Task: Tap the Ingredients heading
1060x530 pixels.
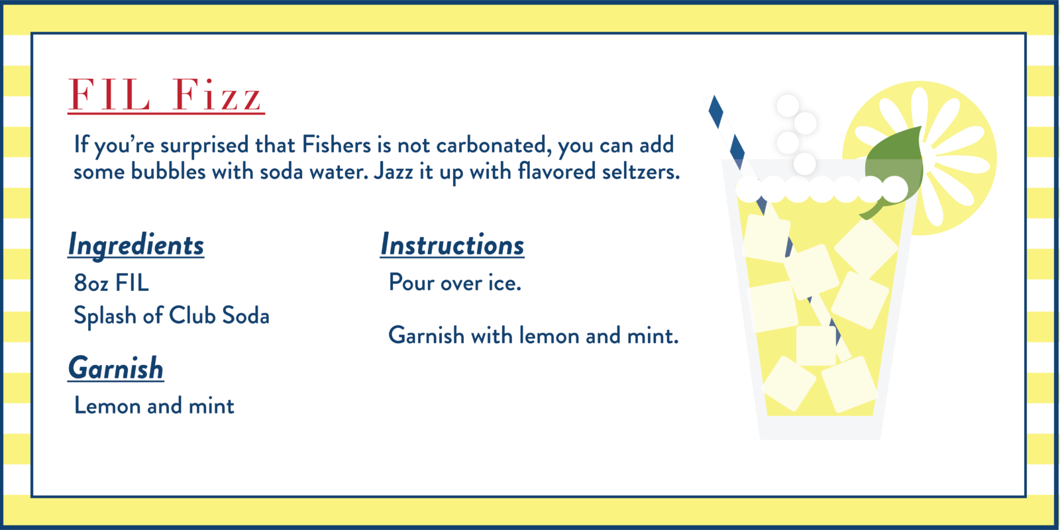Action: (x=136, y=245)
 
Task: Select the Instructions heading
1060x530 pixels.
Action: (x=452, y=245)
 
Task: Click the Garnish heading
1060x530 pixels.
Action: (x=115, y=368)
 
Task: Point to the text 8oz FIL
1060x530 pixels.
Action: (x=111, y=283)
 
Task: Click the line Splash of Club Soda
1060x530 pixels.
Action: (x=172, y=316)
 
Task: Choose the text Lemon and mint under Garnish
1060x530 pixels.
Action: (x=154, y=405)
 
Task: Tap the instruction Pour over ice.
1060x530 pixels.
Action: (x=454, y=282)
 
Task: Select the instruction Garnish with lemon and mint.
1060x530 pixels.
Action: (x=533, y=335)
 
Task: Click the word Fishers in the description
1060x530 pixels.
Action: (x=337, y=144)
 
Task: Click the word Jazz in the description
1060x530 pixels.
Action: (x=393, y=172)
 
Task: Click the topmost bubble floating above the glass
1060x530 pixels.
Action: (x=788, y=106)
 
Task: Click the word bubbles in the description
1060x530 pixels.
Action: (x=168, y=171)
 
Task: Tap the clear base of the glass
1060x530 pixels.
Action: (x=820, y=428)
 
